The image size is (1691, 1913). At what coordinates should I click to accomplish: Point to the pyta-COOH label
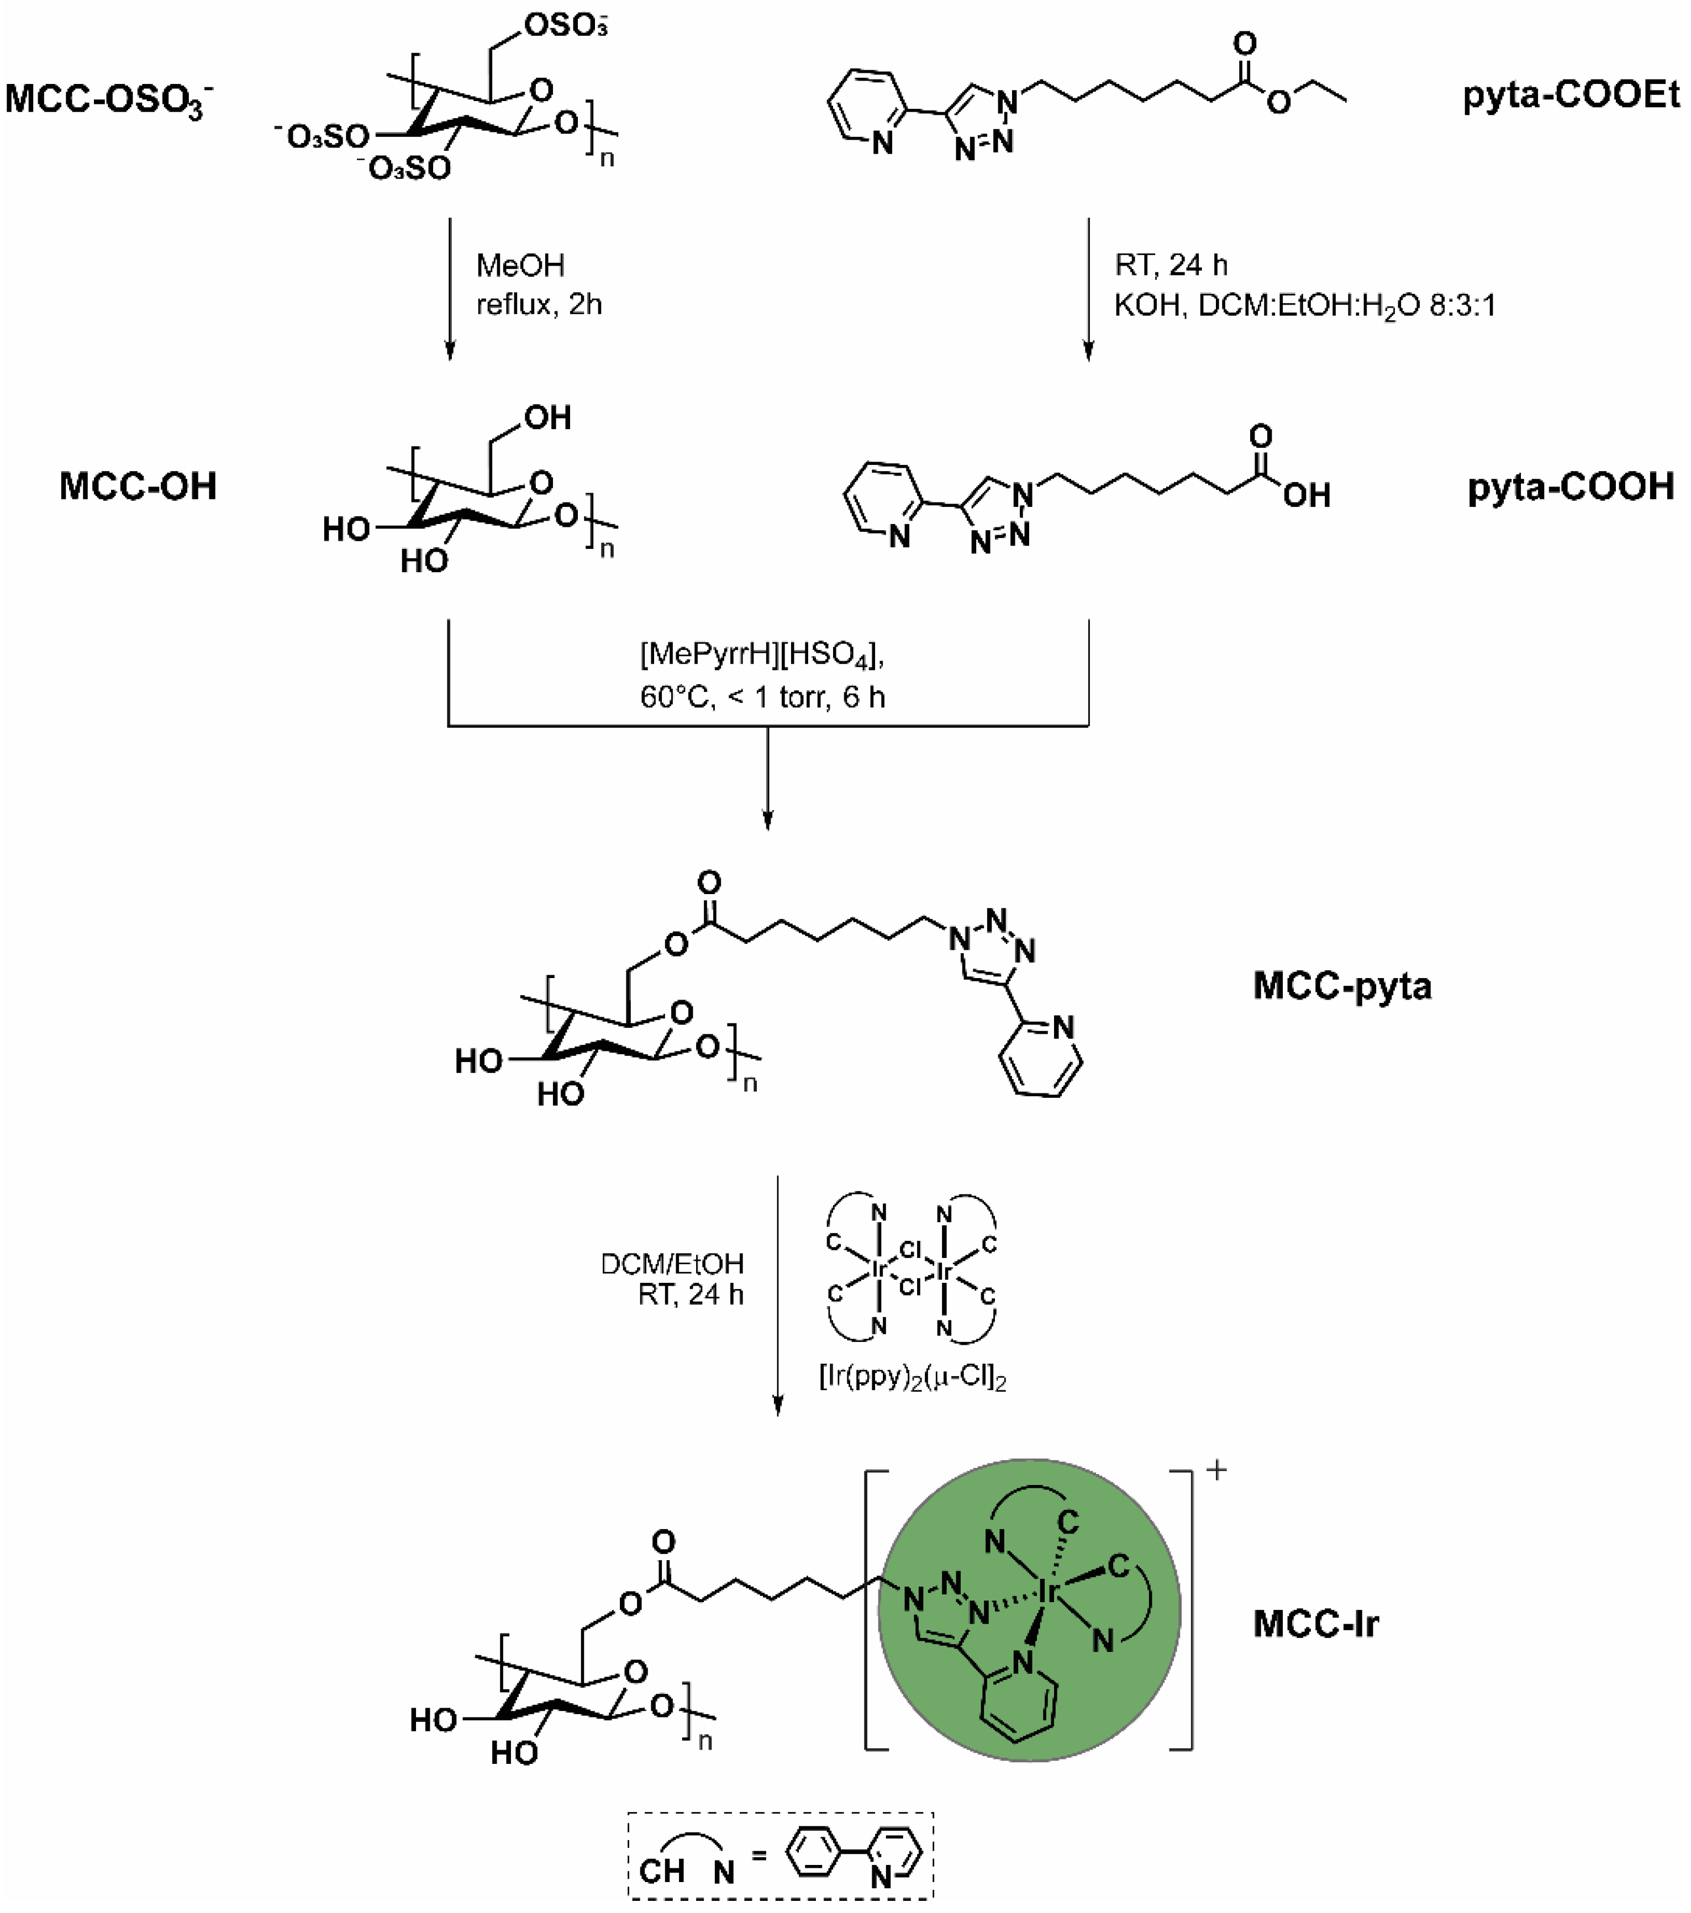pos(1570,487)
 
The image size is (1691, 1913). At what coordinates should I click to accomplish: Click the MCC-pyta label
pos(1342,986)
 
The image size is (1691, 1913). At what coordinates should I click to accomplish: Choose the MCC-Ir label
pos(1315,1624)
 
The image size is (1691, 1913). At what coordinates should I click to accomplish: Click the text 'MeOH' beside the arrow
pos(520,266)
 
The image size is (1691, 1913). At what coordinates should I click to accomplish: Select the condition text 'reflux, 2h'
pos(539,304)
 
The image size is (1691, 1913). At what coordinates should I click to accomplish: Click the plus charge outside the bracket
pos(1216,1470)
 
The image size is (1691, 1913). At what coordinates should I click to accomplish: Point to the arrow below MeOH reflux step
pos(450,290)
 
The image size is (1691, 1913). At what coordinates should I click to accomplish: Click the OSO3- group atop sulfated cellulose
pos(565,26)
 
